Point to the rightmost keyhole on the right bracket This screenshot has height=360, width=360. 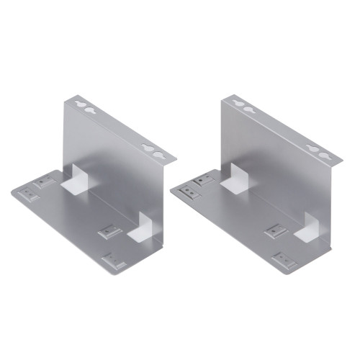click(322, 154)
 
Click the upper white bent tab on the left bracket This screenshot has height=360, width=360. click(76, 178)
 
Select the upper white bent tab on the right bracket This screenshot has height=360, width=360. click(235, 179)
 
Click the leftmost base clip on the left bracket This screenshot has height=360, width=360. click(29, 193)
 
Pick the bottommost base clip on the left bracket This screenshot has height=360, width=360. click(113, 260)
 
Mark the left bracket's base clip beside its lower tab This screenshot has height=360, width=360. click(109, 232)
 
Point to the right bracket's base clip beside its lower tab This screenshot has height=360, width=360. click(276, 232)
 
